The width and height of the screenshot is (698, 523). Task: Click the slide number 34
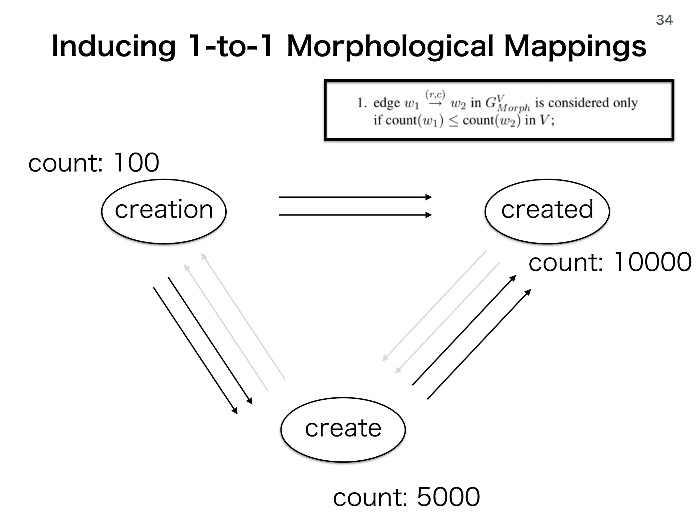(x=664, y=20)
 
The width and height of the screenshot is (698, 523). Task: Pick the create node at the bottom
(x=343, y=429)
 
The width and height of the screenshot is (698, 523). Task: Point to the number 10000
(x=652, y=262)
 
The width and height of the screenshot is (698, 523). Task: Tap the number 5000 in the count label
(x=448, y=497)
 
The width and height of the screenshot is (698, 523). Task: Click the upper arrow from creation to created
(x=354, y=197)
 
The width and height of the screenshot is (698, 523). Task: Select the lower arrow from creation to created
(x=354, y=215)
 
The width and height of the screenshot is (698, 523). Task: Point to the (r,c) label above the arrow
(x=435, y=94)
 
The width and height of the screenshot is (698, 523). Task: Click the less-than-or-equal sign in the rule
(x=453, y=121)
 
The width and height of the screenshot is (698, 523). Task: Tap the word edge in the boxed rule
(x=386, y=103)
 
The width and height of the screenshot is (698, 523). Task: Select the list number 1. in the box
(x=361, y=103)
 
